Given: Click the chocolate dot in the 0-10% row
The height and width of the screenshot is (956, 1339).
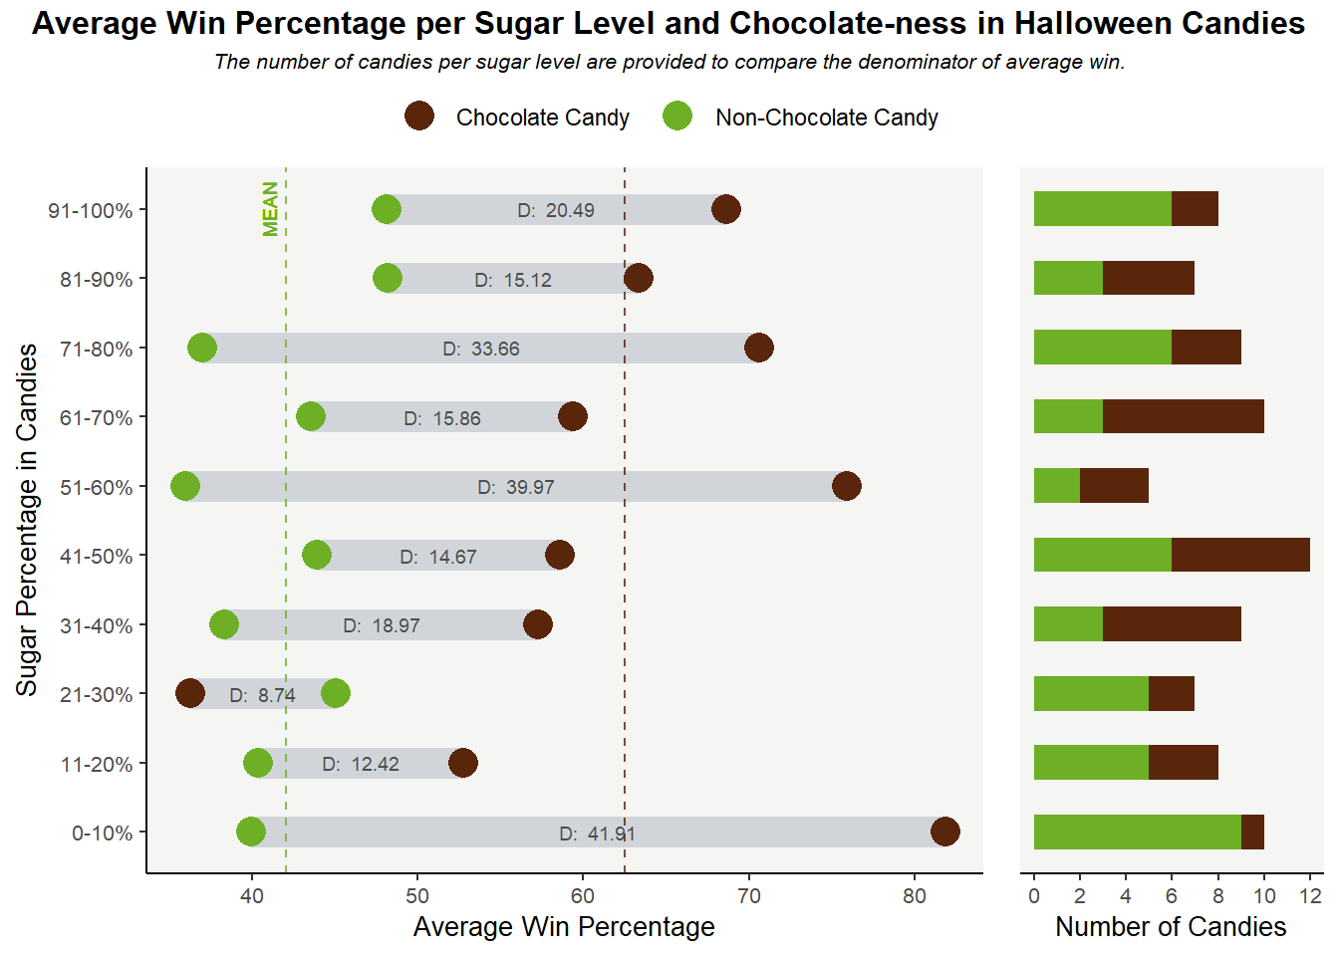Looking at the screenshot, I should (944, 832).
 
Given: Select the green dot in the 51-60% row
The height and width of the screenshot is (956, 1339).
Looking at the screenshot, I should (185, 486).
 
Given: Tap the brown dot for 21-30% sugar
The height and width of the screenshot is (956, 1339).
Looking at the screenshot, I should (190, 693).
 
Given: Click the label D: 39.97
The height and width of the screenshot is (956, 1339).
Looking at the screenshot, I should (516, 487).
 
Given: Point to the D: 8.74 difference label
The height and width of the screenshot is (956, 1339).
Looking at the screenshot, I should (263, 695).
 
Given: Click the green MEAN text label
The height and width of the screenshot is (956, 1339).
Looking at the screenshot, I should (270, 209).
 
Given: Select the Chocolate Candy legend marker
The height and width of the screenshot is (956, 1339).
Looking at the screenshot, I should (419, 117).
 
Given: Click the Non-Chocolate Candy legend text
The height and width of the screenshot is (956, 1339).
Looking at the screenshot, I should (827, 118).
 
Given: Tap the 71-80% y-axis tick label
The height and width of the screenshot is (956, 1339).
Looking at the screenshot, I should (96, 349).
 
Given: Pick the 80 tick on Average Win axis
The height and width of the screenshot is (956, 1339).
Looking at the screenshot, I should (915, 895).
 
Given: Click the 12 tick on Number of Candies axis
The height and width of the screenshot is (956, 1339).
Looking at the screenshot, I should (1311, 895).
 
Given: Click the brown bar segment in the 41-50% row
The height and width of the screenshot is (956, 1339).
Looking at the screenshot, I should (1240, 555).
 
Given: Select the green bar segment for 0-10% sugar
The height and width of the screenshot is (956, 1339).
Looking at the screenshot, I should (1137, 832).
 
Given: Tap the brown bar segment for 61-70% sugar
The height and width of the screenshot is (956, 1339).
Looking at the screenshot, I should (1183, 416).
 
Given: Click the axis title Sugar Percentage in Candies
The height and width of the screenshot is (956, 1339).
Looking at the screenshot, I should (27, 520).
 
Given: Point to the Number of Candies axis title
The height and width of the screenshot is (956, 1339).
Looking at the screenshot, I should (1171, 927).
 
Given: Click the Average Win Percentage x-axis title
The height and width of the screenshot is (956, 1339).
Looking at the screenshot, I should (564, 927).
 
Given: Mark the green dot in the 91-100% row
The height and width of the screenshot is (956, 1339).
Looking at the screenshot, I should (387, 209).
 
